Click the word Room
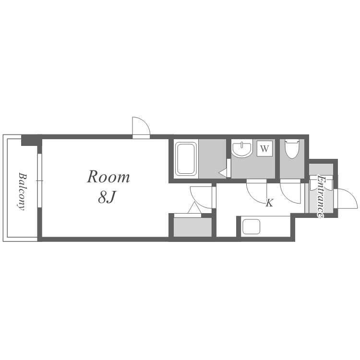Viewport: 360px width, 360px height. (x=108, y=177)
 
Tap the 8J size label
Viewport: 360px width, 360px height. (x=106, y=197)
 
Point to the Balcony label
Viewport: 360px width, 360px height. (x=22, y=191)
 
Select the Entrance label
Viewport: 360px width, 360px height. (x=321, y=196)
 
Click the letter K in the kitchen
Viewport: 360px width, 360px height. (x=269, y=203)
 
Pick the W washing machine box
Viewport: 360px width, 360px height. (x=264, y=148)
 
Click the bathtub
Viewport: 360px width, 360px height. (x=186, y=158)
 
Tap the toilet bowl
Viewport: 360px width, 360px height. (x=292, y=148)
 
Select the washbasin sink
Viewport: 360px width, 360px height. (x=242, y=149)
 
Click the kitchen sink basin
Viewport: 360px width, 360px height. (x=251, y=227)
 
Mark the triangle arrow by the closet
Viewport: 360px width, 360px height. (x=194, y=208)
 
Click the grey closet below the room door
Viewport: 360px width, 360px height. (x=192, y=227)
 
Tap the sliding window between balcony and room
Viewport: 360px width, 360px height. (x=40, y=180)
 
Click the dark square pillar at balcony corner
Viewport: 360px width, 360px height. (x=30, y=141)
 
